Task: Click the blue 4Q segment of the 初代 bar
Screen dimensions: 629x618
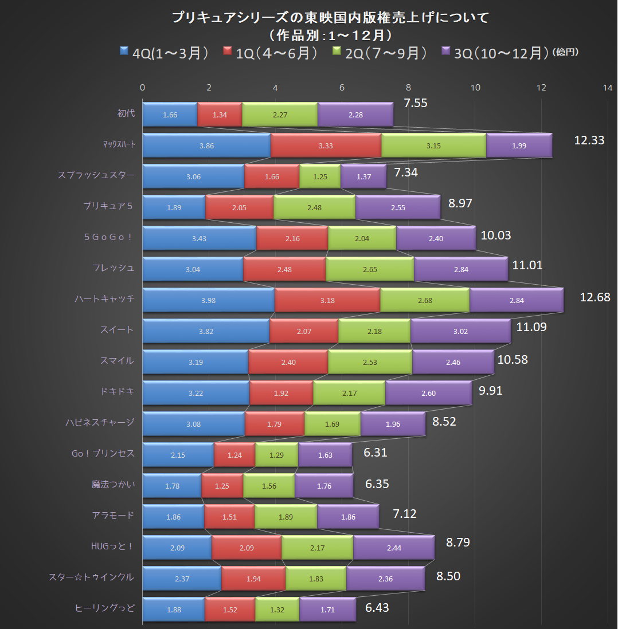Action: point(170,115)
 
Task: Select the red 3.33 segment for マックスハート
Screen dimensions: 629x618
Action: point(326,146)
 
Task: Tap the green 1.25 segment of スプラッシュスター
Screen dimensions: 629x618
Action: point(320,176)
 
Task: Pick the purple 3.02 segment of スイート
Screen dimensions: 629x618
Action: point(460,331)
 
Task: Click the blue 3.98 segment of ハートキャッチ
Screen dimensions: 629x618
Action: point(209,300)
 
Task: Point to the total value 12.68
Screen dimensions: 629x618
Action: point(595,297)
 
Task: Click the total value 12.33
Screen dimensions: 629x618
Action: point(589,140)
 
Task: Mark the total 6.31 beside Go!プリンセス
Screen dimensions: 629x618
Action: point(376,452)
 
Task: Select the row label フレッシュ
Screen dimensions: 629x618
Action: point(114,268)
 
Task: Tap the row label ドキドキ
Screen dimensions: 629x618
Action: point(117,391)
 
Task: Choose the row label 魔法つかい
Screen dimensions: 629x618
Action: point(114,484)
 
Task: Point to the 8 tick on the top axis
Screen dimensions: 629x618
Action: point(409,88)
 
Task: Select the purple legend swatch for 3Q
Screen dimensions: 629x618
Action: point(445,52)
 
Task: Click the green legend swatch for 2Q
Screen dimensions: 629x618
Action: point(338,52)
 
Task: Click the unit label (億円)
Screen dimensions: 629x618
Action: point(565,52)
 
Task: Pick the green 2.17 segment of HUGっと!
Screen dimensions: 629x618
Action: point(317,548)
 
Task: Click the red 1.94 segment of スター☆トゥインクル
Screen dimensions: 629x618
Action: point(253,579)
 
